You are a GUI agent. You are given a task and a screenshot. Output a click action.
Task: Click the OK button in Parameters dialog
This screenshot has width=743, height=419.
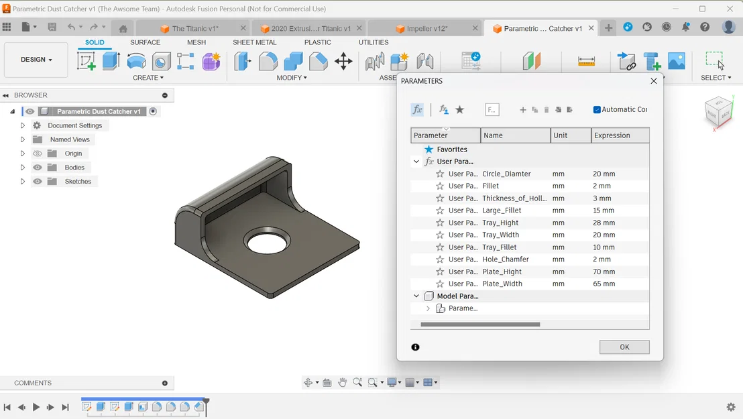pos(624,347)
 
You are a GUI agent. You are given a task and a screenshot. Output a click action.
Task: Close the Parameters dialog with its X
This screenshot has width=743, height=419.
pos(654,81)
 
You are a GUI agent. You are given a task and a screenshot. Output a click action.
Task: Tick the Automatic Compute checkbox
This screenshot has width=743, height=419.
pos(597,110)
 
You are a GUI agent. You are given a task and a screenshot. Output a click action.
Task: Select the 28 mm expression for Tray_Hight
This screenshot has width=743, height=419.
pos(604,223)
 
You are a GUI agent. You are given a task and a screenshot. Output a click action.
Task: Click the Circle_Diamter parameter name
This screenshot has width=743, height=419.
pos(506,174)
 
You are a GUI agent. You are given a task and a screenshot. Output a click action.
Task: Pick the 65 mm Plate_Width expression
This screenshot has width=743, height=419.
pos(604,284)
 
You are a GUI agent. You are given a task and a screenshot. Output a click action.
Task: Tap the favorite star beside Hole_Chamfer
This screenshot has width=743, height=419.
pos(440,259)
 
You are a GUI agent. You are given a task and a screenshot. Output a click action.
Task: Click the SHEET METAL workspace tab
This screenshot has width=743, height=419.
pos(254,42)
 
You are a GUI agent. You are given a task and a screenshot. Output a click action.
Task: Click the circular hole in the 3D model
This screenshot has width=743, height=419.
pos(268,243)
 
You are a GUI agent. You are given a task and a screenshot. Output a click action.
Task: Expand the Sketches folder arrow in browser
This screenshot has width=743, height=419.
pos(23,182)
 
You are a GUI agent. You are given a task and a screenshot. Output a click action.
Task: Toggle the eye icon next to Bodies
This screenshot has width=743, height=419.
pos(38,168)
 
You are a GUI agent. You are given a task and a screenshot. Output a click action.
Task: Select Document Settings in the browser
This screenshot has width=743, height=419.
pos(74,125)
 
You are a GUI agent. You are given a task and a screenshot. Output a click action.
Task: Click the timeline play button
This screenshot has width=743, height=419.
pos(36,407)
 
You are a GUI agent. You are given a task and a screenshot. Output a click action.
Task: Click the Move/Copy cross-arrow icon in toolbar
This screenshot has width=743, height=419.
pos(343,62)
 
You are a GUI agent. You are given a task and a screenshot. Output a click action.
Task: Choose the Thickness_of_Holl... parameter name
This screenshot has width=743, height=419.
pos(514,198)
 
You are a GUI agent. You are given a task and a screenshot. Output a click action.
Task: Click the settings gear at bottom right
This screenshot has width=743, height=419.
pos(730,407)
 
